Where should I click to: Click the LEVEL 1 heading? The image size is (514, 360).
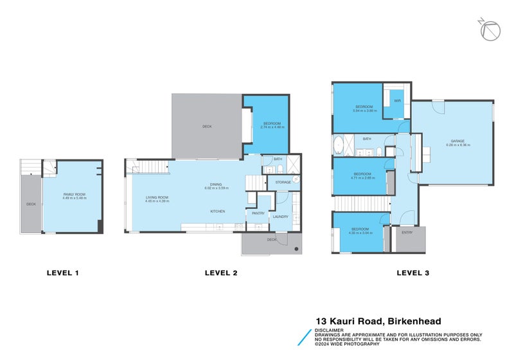tap(63, 273)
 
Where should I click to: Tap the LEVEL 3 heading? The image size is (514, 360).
tap(412, 273)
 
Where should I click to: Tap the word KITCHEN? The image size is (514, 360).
tap(217, 212)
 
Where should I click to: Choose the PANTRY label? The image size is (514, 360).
tap(258, 213)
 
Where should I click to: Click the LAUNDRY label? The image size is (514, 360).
tap(280, 217)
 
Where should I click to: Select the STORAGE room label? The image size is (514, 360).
tap(283, 183)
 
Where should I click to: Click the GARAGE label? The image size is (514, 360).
tap(457, 142)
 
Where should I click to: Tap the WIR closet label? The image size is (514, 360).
tap(397, 101)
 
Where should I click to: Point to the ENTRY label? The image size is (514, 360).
tap(407, 233)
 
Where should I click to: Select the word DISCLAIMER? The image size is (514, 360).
tap(329, 330)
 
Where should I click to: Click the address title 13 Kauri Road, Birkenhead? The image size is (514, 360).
tap(378, 321)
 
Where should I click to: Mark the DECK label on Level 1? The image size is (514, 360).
tap(30, 204)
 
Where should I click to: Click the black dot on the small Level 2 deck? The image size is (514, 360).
tap(296, 248)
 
